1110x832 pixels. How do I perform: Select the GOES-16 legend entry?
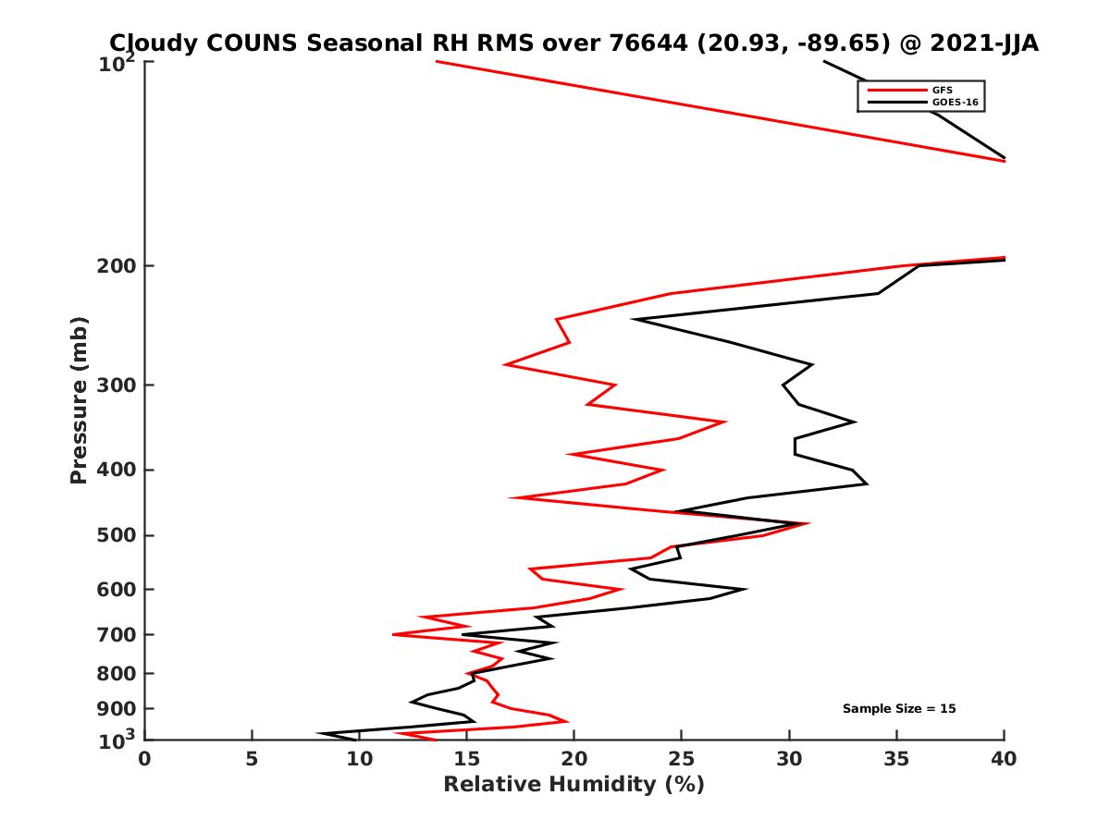953,103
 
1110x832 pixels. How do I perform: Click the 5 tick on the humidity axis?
252,759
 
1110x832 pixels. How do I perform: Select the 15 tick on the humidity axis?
466,759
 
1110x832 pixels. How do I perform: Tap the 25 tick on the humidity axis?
682,759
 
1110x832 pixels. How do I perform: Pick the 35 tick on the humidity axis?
896,759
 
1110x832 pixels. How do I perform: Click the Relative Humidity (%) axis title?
573,785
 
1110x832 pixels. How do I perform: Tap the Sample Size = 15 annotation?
898,709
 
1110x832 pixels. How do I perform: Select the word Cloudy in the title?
152,43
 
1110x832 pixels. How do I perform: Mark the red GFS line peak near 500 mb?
808,523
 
